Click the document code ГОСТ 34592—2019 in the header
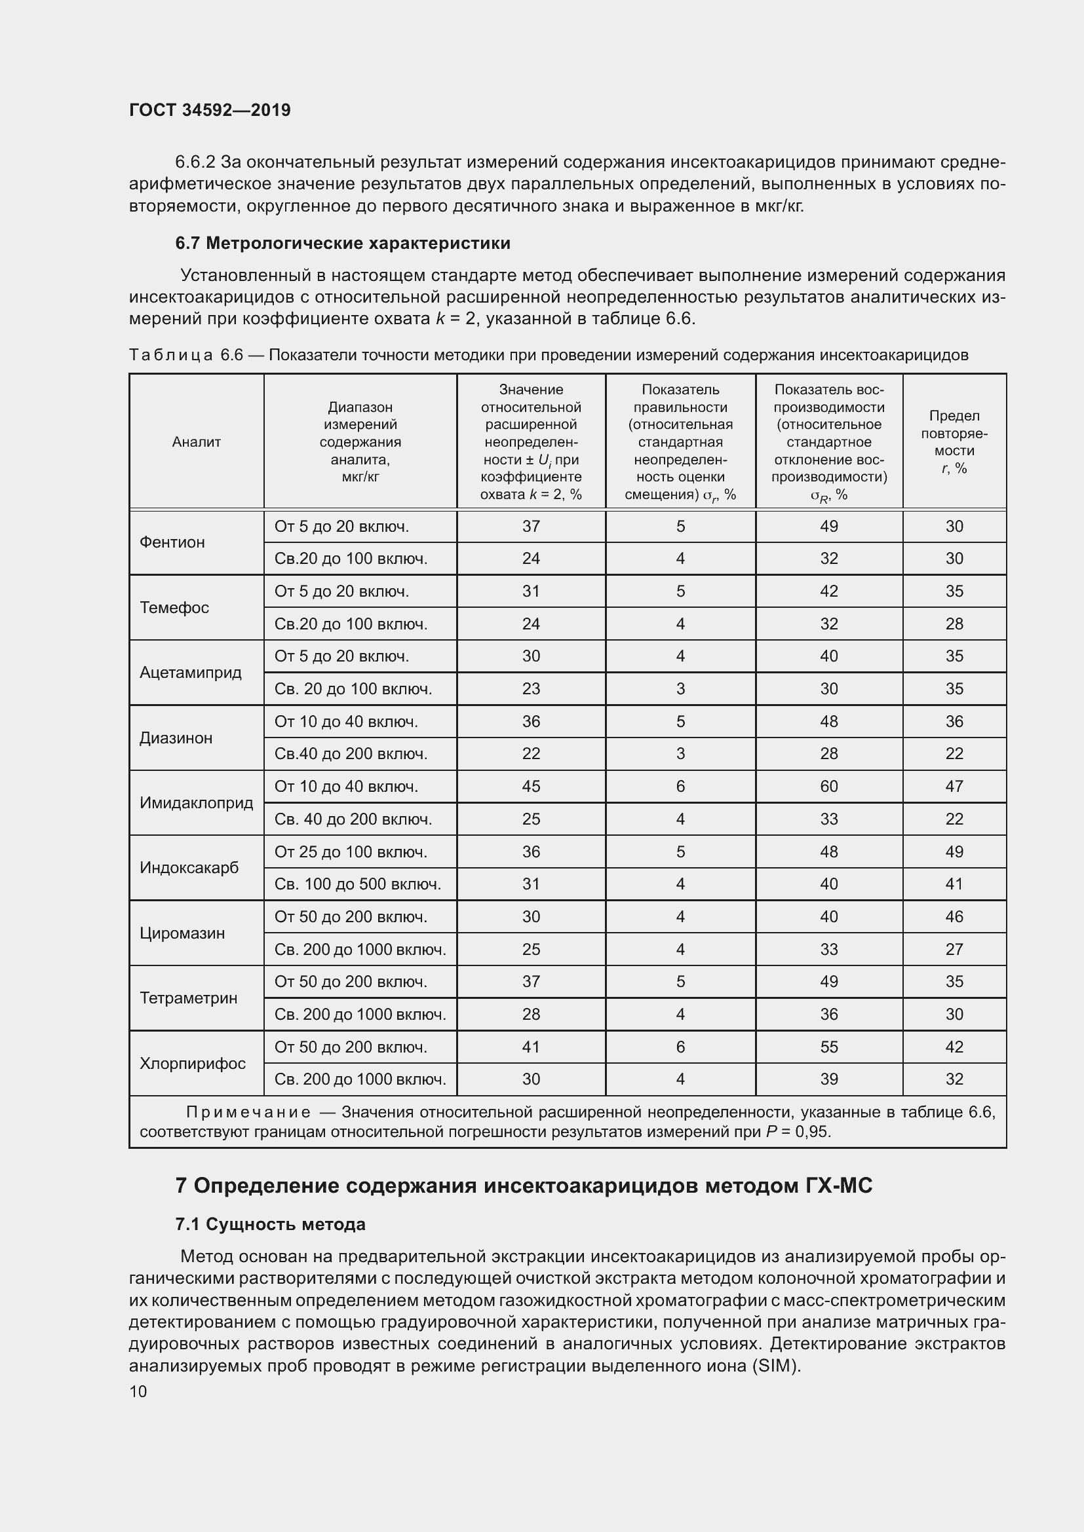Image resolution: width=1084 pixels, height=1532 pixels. tap(210, 110)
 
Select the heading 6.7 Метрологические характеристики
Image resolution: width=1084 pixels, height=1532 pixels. tap(342, 243)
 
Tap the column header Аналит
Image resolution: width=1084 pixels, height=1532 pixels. tap(196, 441)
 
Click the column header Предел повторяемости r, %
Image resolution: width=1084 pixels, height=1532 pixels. tap(954, 441)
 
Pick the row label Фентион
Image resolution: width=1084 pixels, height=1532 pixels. tap(172, 542)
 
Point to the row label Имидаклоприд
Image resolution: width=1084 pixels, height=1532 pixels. tap(196, 803)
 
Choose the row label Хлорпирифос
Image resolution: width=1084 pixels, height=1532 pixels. tap(192, 1063)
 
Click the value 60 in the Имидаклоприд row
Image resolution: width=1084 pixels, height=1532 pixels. tap(828, 786)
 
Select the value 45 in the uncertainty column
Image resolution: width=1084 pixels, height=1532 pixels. tap(531, 786)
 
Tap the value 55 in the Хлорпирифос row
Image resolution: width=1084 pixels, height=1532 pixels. tap(828, 1047)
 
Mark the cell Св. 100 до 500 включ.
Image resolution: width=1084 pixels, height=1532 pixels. tap(358, 884)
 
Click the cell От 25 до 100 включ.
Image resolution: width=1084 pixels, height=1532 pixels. tap(351, 851)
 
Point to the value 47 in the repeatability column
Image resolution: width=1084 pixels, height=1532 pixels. tap(954, 786)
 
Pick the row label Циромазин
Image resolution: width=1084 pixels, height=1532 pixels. tap(182, 933)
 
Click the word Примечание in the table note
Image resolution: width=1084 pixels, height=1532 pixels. tap(248, 1112)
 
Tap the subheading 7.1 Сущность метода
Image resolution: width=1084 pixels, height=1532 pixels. tap(270, 1224)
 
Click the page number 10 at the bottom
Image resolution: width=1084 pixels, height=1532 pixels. tap(138, 1391)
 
